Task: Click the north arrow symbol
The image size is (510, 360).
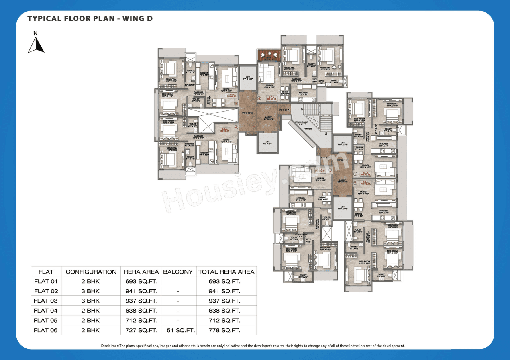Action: [x=36, y=43]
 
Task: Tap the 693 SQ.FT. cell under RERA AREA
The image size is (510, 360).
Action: [x=141, y=282]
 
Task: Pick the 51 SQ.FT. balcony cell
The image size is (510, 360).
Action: [x=178, y=330]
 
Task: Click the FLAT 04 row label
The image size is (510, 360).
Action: [x=46, y=311]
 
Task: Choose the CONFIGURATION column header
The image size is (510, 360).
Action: [x=91, y=272]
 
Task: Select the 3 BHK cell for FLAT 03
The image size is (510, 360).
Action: [x=91, y=301]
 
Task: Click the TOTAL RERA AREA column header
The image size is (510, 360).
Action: [x=226, y=272]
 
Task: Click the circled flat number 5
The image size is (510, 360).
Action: [x=236, y=104]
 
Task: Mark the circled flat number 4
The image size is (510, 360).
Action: [x=236, y=127]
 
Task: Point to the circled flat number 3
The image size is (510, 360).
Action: [x=330, y=170]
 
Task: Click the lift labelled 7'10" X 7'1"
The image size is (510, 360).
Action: [x=343, y=144]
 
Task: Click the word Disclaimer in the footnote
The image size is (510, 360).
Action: [x=110, y=346]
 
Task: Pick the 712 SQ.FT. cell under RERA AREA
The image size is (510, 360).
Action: [x=141, y=321]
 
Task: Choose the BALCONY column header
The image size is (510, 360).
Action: [x=178, y=272]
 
